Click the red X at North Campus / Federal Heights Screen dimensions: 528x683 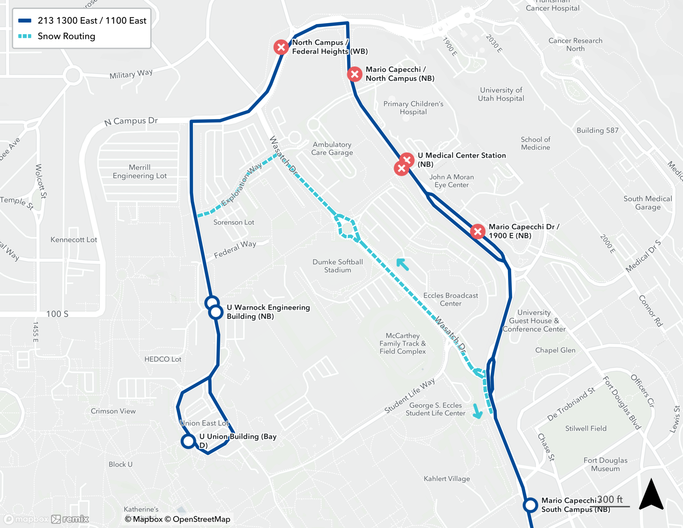(x=281, y=47)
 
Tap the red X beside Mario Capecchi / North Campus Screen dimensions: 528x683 (x=354, y=74)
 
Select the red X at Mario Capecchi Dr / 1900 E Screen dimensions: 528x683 (x=477, y=231)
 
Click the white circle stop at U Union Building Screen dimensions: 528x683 (x=188, y=441)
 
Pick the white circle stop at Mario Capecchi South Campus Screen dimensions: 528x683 (x=530, y=505)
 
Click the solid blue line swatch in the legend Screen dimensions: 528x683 (x=25, y=21)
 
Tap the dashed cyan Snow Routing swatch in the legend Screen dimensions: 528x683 (x=25, y=36)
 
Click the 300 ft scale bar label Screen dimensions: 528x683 (x=610, y=499)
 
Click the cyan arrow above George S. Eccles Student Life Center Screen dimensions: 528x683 (x=477, y=411)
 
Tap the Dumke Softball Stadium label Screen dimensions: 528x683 (x=337, y=266)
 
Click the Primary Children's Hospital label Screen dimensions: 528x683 (x=413, y=108)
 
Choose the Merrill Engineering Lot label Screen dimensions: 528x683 (x=140, y=172)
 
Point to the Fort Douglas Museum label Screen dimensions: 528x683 (x=605, y=464)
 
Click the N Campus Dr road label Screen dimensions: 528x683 (x=131, y=121)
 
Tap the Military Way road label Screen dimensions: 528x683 (x=131, y=74)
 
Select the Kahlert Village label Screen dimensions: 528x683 (x=447, y=478)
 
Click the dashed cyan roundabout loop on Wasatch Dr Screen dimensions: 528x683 (x=348, y=227)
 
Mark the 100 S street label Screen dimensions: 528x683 (x=57, y=314)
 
